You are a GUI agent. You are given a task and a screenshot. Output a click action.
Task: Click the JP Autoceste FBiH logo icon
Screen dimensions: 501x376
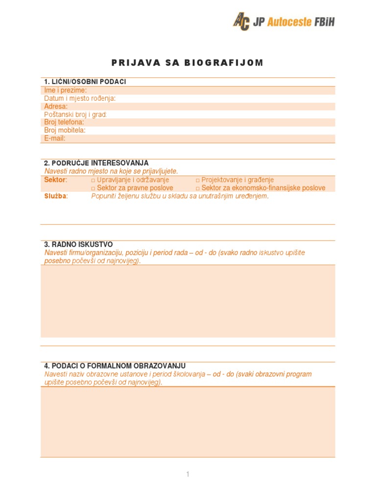tap(241, 22)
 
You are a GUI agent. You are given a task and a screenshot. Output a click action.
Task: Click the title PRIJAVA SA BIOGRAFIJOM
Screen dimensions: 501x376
tap(188, 63)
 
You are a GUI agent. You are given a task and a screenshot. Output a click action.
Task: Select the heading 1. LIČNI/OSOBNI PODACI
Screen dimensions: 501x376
tap(85, 82)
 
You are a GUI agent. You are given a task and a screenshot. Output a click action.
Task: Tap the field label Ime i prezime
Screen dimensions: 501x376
tap(66, 91)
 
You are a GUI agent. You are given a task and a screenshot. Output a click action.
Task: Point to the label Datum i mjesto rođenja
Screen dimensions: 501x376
tap(80, 98)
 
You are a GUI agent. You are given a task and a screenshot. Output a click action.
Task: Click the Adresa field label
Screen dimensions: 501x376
tap(56, 106)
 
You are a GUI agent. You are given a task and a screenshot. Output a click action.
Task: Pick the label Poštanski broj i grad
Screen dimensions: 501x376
tap(75, 114)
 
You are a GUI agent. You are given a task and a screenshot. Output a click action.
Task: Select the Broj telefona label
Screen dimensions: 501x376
tap(64, 122)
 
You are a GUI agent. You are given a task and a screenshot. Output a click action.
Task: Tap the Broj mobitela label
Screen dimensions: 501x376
tap(65, 130)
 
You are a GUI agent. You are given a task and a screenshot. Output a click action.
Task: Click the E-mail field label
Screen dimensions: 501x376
tap(55, 138)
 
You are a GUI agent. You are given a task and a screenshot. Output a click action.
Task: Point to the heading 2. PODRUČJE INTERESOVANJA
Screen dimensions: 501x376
tap(96, 162)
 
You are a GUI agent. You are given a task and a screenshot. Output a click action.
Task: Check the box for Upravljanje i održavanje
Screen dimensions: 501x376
tap(94, 181)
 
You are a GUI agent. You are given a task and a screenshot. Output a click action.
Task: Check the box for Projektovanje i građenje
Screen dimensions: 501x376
tap(198, 181)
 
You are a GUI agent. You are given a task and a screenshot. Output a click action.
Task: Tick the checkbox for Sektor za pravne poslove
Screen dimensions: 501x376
tap(94, 188)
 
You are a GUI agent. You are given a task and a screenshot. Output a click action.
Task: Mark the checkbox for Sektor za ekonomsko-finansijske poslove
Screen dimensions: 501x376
tap(198, 188)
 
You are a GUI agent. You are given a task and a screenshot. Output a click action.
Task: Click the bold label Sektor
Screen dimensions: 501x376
tap(55, 180)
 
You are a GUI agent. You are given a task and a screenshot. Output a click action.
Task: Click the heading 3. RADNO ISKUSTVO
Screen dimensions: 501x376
tap(78, 244)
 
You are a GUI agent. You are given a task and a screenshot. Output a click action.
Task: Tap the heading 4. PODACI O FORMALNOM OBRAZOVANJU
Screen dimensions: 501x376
tap(115, 366)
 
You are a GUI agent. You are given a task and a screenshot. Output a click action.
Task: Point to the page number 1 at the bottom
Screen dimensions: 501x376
tap(188, 474)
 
